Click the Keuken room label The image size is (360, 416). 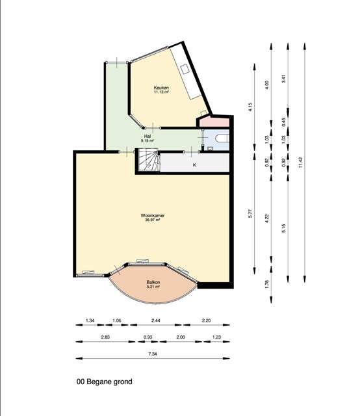pyautogui.click(x=161, y=88)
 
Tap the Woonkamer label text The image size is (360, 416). pyautogui.click(x=153, y=215)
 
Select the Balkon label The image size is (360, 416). pyautogui.click(x=153, y=282)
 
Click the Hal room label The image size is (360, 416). pyautogui.click(x=148, y=136)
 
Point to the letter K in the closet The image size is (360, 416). pyautogui.click(x=194, y=165)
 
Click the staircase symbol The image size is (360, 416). pyautogui.click(x=149, y=160)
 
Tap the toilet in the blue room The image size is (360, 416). pyautogui.click(x=222, y=138)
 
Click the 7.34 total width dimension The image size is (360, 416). pyautogui.click(x=152, y=354)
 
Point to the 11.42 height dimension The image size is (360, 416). pyautogui.click(x=300, y=162)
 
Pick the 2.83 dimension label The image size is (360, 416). pyautogui.click(x=105, y=337)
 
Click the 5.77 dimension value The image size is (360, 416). pyautogui.click(x=250, y=214)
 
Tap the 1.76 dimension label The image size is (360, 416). pyautogui.click(x=267, y=284)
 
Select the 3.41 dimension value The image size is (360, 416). pyautogui.click(x=283, y=79)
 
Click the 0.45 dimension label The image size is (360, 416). pyautogui.click(x=283, y=122)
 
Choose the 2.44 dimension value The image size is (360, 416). pyautogui.click(x=156, y=320)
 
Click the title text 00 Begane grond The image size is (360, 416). pyautogui.click(x=104, y=382)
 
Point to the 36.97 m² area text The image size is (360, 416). pyautogui.click(x=153, y=220)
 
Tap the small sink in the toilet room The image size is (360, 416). pyautogui.click(x=210, y=149)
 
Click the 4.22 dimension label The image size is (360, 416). pyautogui.click(x=267, y=218)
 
